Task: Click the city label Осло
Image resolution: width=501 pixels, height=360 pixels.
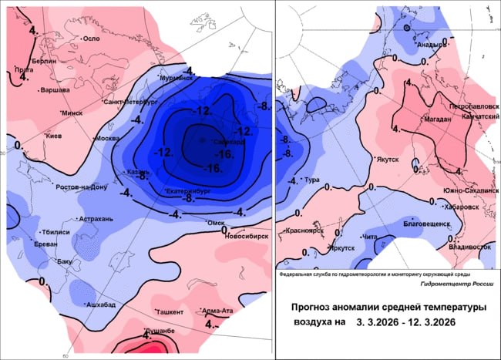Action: (92, 39)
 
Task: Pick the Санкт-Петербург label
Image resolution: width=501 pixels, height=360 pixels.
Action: (130, 101)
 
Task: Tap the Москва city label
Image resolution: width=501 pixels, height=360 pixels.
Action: (107, 138)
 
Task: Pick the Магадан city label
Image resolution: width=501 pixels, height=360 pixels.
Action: (437, 119)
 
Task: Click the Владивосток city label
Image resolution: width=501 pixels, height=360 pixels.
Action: (469, 247)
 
